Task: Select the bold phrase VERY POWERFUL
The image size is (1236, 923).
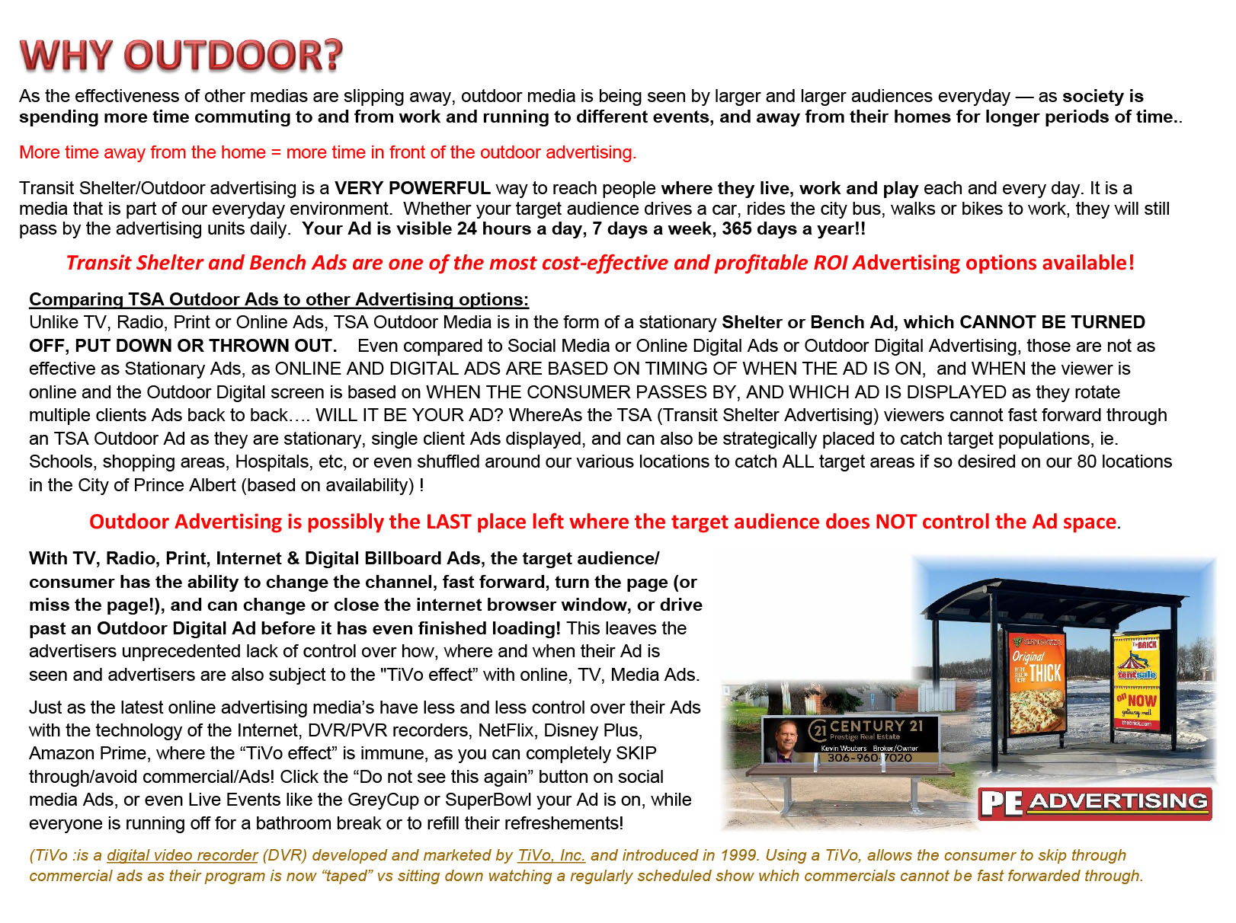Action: click(x=412, y=188)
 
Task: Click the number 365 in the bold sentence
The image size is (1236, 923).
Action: click(x=736, y=229)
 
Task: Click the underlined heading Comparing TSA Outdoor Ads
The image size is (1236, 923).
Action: click(x=278, y=299)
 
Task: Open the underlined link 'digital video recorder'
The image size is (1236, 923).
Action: click(x=182, y=855)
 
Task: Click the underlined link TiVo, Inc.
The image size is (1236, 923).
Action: click(x=552, y=855)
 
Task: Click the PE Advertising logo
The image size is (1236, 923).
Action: click(x=1094, y=803)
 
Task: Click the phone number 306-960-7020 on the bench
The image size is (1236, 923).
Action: click(x=869, y=758)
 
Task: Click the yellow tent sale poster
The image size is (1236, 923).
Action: click(x=1136, y=682)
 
